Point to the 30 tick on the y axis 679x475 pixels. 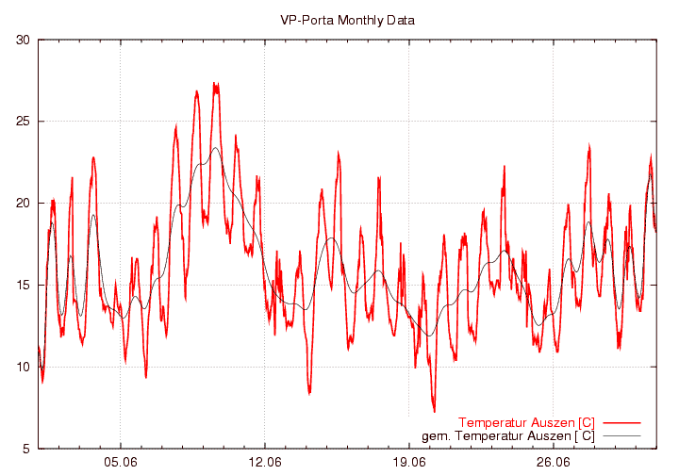click(23, 40)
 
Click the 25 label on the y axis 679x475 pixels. click(23, 122)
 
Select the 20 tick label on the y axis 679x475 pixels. click(23, 204)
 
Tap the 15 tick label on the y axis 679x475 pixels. click(23, 285)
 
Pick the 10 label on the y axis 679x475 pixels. click(23, 367)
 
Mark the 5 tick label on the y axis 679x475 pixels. click(26, 449)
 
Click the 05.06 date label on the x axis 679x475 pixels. click(121, 463)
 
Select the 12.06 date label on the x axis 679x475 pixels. click(265, 463)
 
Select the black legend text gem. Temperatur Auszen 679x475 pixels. click(508, 435)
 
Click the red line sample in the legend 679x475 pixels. click(621, 422)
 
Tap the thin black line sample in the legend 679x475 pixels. click(621, 435)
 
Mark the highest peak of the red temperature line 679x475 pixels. click(215, 84)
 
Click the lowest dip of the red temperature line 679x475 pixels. click(434, 411)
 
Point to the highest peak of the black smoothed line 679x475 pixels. click(216, 148)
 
